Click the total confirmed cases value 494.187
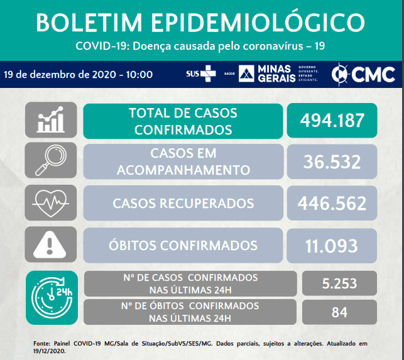[x=332, y=121]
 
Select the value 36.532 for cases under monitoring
[x=332, y=162]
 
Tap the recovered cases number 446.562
[x=332, y=203]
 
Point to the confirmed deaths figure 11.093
[x=332, y=246]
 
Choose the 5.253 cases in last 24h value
[x=339, y=283]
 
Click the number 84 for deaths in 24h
[x=339, y=312]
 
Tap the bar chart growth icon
[x=51, y=119]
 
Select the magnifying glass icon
[x=51, y=160]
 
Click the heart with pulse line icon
[x=51, y=203]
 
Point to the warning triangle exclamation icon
[x=50, y=244]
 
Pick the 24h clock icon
[x=52, y=298]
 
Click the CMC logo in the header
[x=363, y=75]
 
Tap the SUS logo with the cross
[x=201, y=74]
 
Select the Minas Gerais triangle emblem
[x=246, y=74]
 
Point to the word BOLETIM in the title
[x=89, y=23]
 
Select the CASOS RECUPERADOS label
[x=183, y=204]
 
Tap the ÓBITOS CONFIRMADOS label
[x=183, y=245]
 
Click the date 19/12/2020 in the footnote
[x=50, y=351]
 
